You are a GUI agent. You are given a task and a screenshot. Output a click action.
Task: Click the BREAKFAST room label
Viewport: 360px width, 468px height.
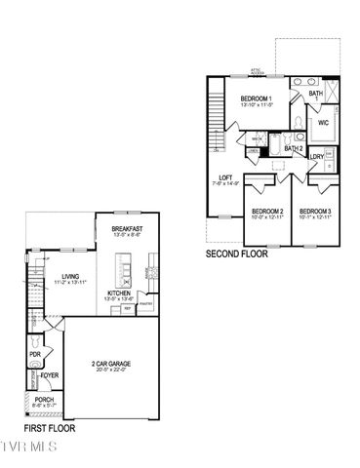[128, 228]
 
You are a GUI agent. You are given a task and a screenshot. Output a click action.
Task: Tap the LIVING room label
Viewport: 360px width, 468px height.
[69, 276]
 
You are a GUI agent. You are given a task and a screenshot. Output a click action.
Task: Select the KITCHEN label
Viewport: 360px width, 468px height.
[119, 292]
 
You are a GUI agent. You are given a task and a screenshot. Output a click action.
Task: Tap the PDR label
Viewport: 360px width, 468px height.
[34, 355]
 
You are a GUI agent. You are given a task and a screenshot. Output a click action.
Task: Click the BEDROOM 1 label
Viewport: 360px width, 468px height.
[257, 98]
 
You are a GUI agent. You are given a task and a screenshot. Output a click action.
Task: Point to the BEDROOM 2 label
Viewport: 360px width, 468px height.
[267, 212]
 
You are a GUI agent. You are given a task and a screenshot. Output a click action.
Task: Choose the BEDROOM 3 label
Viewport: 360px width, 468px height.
[314, 212]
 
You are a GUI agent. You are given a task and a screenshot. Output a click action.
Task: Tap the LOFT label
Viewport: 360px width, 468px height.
[225, 177]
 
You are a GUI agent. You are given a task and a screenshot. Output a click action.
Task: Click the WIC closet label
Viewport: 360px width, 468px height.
[322, 123]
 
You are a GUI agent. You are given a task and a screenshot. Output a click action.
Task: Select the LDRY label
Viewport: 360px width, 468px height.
[317, 156]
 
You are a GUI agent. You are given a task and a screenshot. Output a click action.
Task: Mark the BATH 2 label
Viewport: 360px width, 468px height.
[293, 149]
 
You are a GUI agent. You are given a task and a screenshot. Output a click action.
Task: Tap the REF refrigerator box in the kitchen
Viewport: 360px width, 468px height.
[128, 309]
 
